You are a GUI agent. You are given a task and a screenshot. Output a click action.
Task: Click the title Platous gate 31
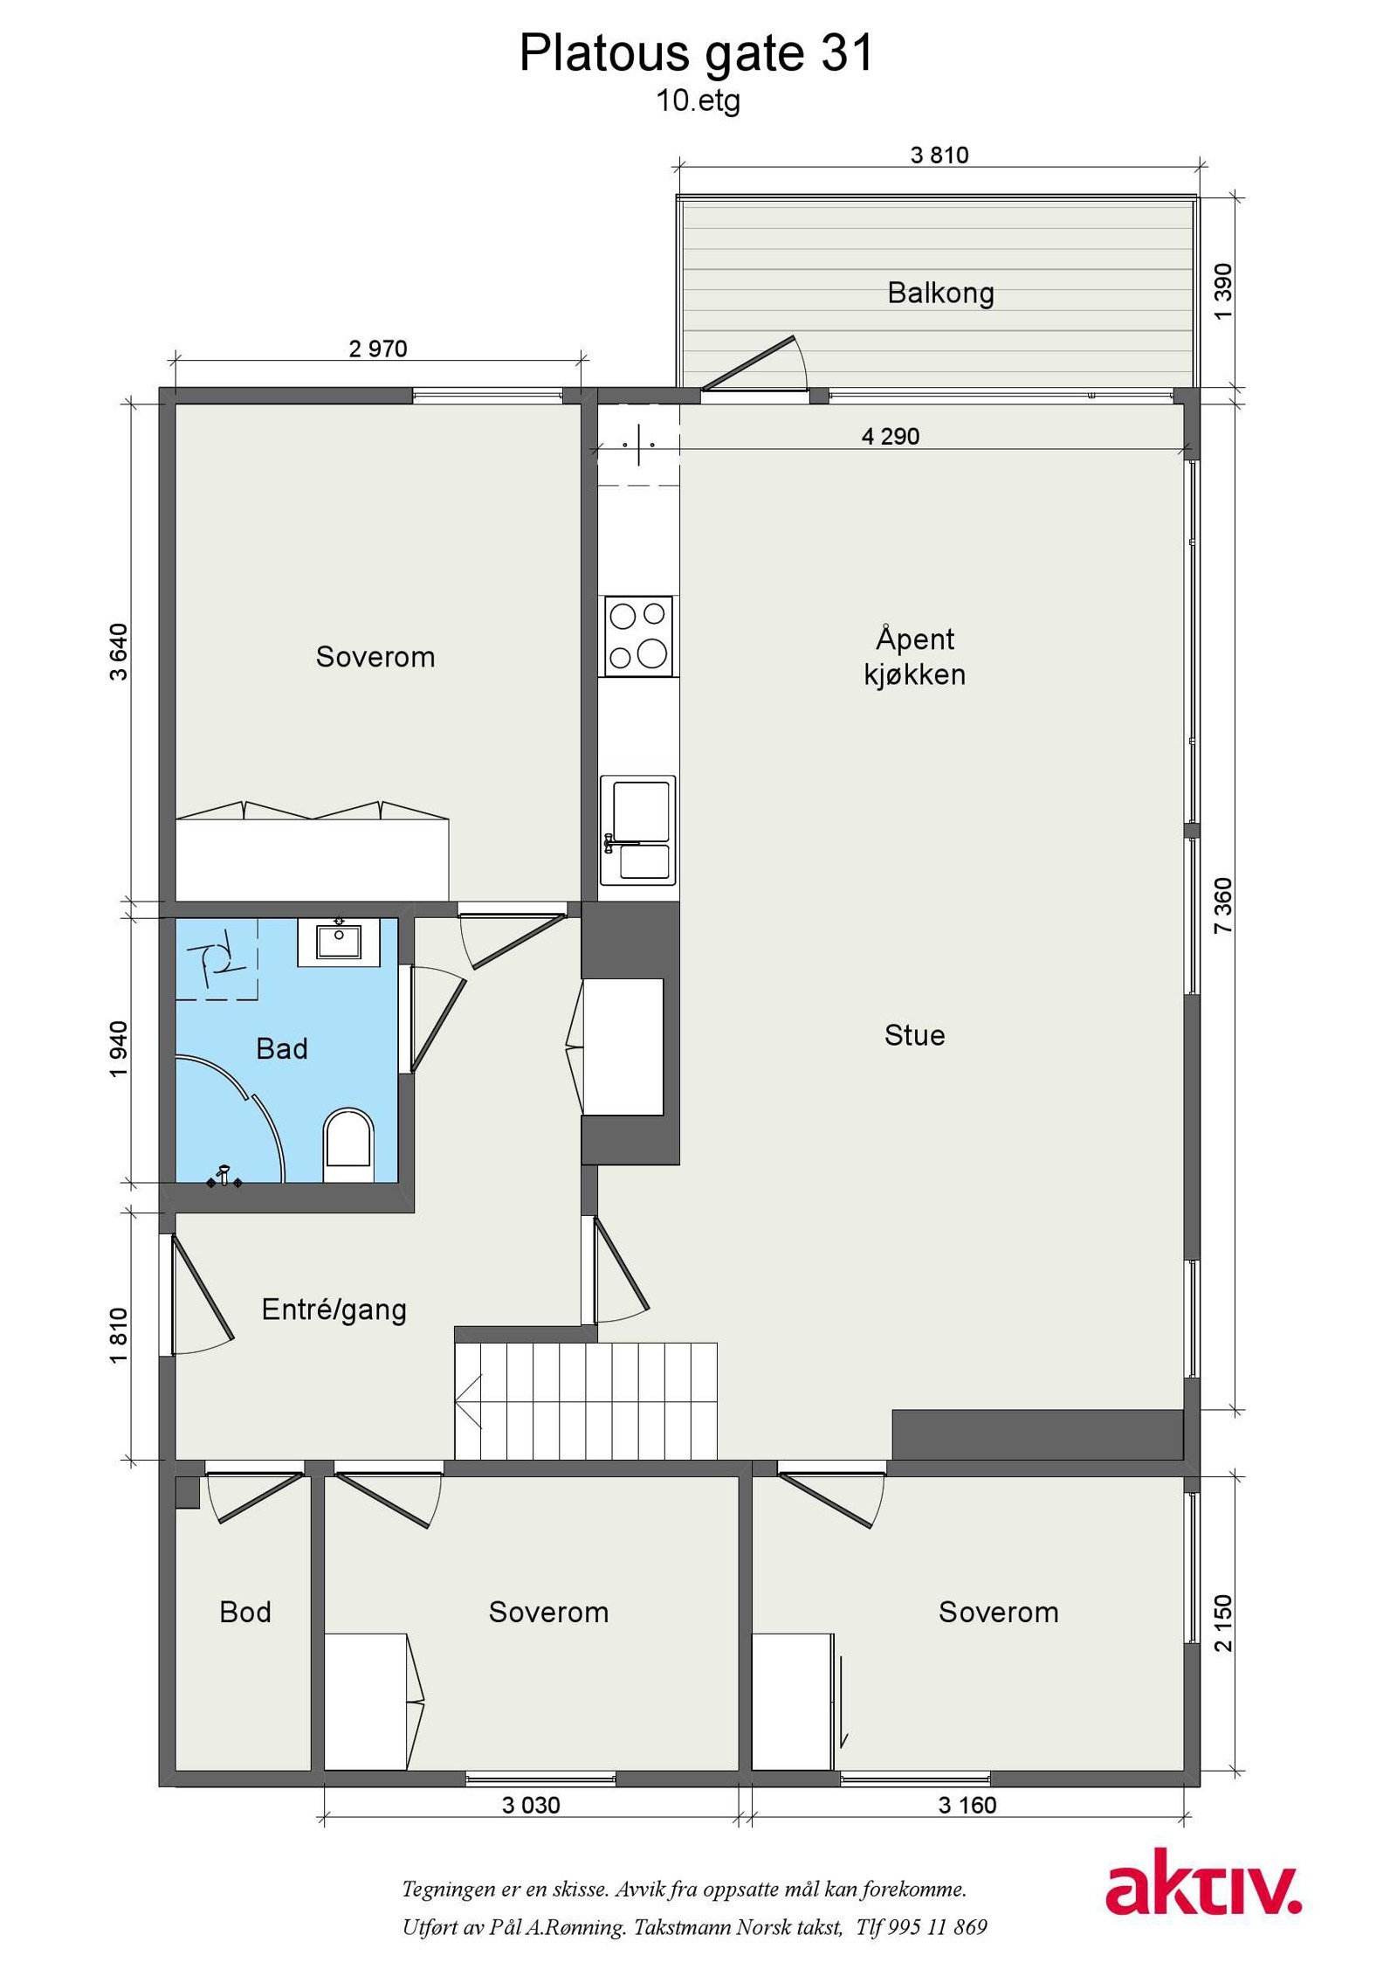(696, 53)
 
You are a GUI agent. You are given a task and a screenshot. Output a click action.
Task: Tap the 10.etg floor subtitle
(698, 101)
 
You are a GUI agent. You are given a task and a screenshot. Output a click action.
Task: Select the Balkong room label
(940, 293)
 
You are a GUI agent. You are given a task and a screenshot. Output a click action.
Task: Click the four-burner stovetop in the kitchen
(638, 635)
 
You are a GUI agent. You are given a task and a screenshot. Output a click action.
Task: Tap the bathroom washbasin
(339, 941)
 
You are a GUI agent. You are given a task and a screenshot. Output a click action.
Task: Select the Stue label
(914, 1035)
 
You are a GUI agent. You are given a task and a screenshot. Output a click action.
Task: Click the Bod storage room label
(245, 1612)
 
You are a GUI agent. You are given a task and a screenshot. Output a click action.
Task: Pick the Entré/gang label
(334, 1309)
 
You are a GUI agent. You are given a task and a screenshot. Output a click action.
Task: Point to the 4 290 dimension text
(891, 436)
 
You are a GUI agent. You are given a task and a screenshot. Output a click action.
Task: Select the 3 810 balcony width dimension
(939, 155)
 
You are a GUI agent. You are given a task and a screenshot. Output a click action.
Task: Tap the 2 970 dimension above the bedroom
(378, 349)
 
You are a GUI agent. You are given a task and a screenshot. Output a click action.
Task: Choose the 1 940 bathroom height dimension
(119, 1049)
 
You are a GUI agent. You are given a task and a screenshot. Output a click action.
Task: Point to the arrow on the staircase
(468, 1401)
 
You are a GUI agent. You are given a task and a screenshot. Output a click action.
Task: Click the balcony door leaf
(749, 363)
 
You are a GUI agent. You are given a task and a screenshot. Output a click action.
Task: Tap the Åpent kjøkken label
(915, 656)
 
